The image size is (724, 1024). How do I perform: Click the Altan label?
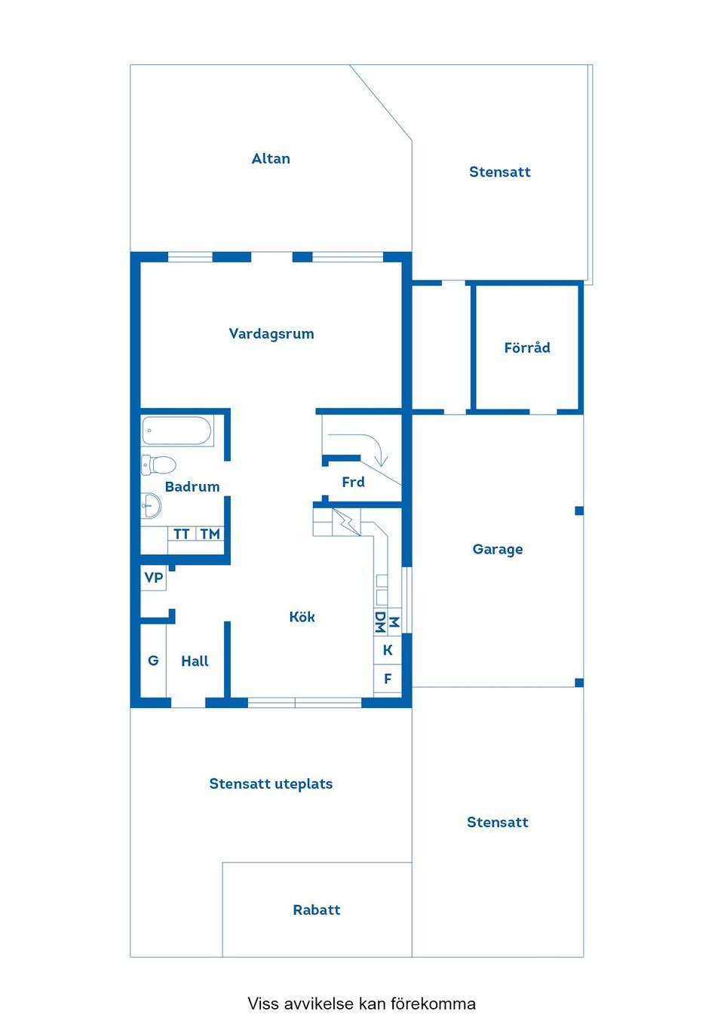[x=271, y=158]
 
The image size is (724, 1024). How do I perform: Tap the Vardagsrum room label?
[x=271, y=333]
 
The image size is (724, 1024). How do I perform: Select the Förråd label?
[x=527, y=348]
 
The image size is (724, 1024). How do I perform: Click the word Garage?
[x=498, y=549]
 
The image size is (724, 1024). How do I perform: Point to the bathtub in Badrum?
[x=177, y=431]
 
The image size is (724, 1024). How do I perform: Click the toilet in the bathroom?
[x=159, y=464]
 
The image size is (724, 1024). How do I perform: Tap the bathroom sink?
[x=151, y=505]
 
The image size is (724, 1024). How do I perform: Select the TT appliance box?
[x=181, y=534]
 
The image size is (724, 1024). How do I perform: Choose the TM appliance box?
[x=210, y=534]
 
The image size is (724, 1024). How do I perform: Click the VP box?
[x=154, y=578]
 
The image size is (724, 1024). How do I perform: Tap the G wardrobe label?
[x=153, y=661]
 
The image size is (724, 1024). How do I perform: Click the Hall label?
[x=195, y=661]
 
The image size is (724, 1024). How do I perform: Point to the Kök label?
[x=302, y=617]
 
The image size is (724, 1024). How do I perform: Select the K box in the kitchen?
[x=388, y=650]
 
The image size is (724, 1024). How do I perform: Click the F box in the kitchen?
[x=388, y=679]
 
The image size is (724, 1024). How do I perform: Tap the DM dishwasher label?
[x=380, y=622]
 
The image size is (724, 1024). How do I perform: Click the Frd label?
[x=353, y=482]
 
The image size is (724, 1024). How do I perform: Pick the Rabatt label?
[x=317, y=909]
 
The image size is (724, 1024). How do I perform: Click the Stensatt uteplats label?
[x=271, y=783]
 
